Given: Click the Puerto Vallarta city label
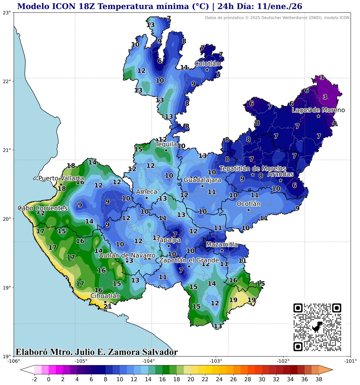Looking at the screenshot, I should (x=61, y=178).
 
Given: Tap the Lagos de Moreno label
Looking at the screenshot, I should (x=318, y=110).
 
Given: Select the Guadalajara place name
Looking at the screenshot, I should (x=202, y=180).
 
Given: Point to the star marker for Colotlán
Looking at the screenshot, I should (x=207, y=70).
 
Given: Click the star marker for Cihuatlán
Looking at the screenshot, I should (x=105, y=302).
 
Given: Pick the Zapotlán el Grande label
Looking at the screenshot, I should (x=189, y=260).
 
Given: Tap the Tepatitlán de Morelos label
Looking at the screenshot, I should (x=253, y=168).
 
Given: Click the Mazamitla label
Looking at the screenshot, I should (x=222, y=244).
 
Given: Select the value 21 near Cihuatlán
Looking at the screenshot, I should (x=108, y=307).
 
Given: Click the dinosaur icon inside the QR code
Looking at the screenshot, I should (x=317, y=327).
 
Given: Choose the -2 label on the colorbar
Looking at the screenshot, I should (x=34, y=379).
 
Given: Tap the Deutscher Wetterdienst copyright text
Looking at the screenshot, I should (x=278, y=17).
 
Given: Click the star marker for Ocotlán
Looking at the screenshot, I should (x=249, y=210).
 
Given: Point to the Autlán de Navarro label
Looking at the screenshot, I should (x=127, y=255).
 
